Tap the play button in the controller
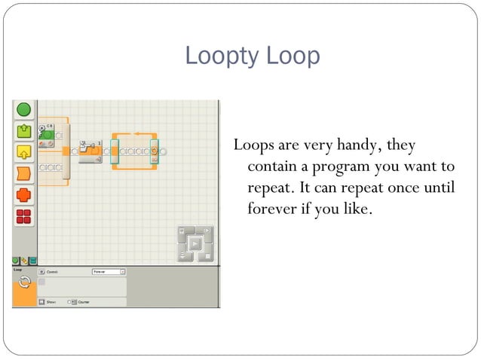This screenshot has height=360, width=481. point(194,243)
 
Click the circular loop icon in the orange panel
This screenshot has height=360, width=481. point(24,282)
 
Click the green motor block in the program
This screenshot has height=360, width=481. point(47,136)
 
